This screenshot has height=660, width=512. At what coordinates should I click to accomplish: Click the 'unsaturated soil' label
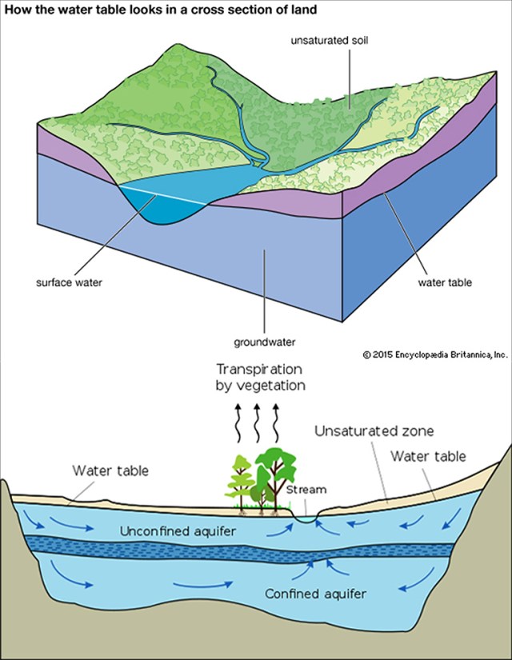[330, 41]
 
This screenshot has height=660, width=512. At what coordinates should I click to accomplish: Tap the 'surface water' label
[69, 282]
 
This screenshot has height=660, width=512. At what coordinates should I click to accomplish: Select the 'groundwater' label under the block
[265, 342]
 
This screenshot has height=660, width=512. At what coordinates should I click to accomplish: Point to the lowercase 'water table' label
[445, 282]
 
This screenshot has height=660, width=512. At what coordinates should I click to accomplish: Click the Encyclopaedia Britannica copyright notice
[435, 355]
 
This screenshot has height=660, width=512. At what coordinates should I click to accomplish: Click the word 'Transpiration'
[259, 370]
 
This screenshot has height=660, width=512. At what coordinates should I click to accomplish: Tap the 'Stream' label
[306, 490]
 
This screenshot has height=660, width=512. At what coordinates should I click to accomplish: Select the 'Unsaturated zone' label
[374, 431]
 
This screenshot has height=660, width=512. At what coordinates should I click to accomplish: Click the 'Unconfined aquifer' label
[178, 531]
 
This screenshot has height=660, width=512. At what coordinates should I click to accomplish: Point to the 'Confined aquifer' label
[315, 594]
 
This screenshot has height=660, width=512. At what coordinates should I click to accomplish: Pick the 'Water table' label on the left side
[110, 470]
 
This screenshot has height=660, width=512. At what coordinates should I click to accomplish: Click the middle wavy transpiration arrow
[257, 423]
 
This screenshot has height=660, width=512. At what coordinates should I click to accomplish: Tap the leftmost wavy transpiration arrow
[238, 423]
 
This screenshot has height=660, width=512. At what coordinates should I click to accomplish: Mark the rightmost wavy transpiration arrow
[275, 423]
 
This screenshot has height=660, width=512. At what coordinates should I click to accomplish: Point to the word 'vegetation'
[261, 386]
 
